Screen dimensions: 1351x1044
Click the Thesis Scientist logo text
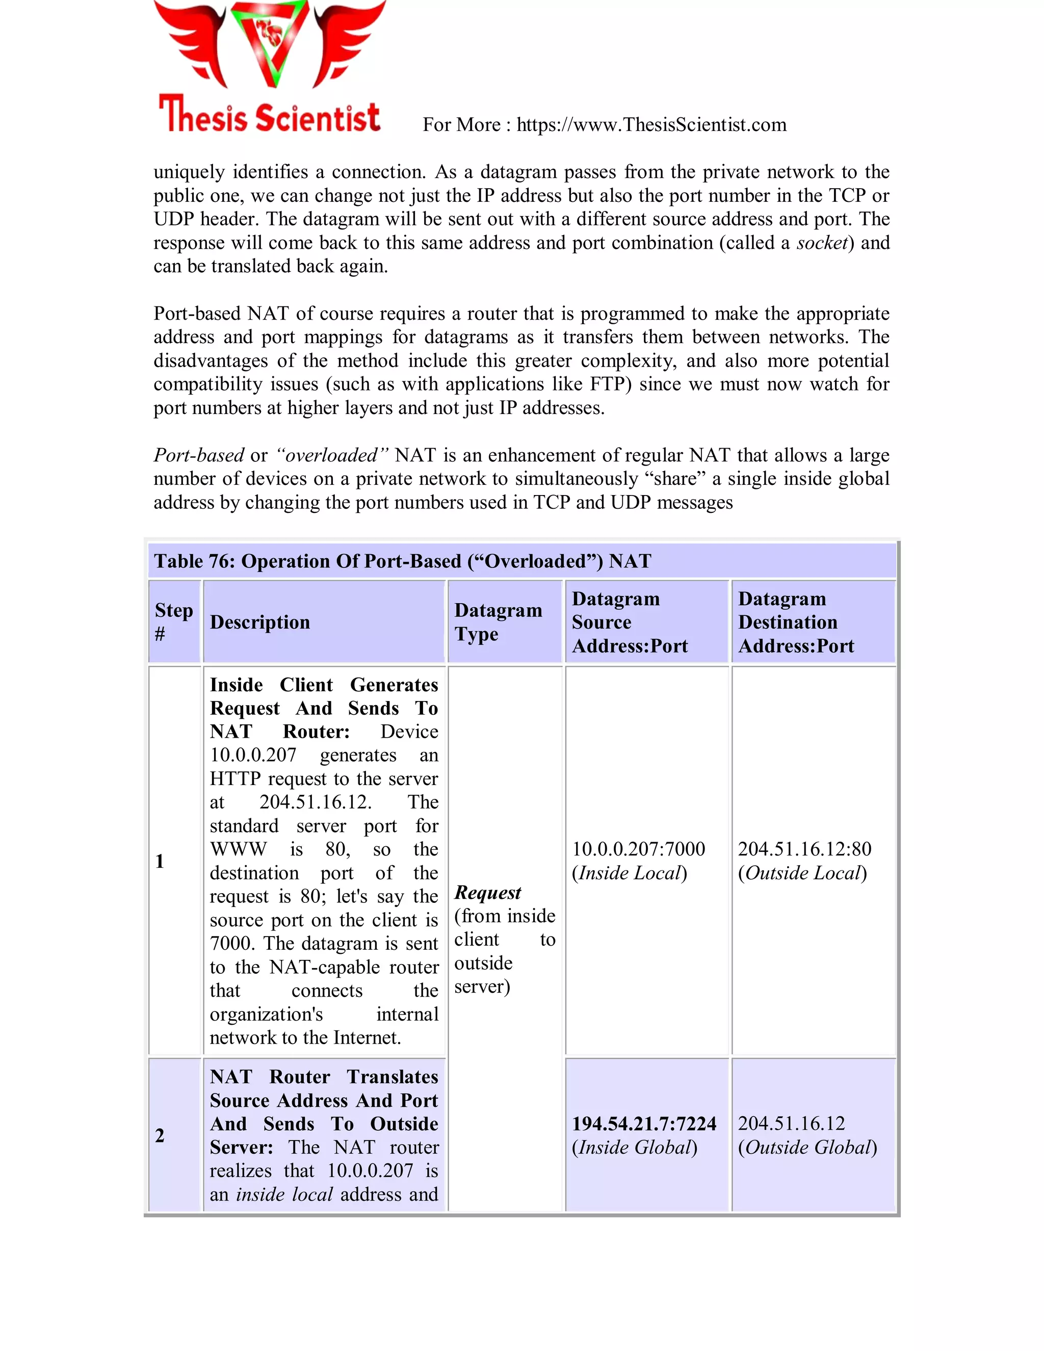pos(269,116)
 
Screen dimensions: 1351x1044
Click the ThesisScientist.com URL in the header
pos(651,125)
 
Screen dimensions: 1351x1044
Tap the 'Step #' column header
pos(174,621)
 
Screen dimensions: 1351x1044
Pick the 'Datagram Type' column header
pos(498,621)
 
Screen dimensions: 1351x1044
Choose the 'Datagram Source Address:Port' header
pos(630,621)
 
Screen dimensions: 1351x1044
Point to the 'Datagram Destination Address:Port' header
pos(796,621)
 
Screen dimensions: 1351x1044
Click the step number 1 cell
pos(160,861)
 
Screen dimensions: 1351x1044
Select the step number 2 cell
pos(160,1135)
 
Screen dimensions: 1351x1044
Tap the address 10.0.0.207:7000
pos(638,849)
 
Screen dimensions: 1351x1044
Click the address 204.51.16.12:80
pos(804,849)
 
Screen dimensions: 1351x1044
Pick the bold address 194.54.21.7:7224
pos(644,1123)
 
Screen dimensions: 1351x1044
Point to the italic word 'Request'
pos(488,893)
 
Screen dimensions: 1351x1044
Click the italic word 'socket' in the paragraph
pos(821,243)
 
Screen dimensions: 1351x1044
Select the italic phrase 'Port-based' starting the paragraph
pos(198,455)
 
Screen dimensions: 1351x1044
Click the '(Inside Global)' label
pos(635,1148)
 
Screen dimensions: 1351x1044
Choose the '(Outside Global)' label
pos(807,1148)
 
